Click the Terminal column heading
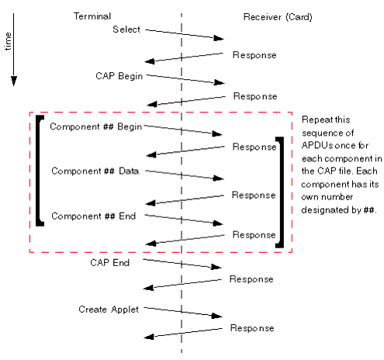tap(92, 16)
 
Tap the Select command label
tap(126, 29)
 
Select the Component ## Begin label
tap(93, 126)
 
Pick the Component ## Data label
tap(95, 171)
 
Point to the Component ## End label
tap(93, 216)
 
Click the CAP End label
tap(109, 263)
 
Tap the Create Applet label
tap(109, 310)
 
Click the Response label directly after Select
tap(254, 55)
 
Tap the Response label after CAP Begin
tap(254, 96)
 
